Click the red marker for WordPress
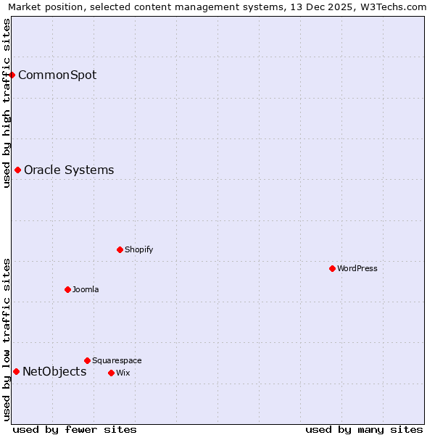pyautogui.click(x=332, y=268)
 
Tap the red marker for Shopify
pyautogui.click(x=120, y=249)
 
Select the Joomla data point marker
pyautogui.click(x=67, y=289)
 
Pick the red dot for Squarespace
pyautogui.click(x=87, y=360)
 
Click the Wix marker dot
pyautogui.click(x=111, y=373)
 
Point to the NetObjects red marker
pyautogui.click(x=16, y=372)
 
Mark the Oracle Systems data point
pyautogui.click(x=17, y=170)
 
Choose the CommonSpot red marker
pyautogui.click(x=12, y=75)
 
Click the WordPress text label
pyautogui.click(x=357, y=268)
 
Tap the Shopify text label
pyautogui.click(x=138, y=249)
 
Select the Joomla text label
pyautogui.click(x=86, y=289)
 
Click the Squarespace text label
pyautogui.click(x=117, y=360)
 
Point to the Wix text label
pyautogui.click(x=123, y=373)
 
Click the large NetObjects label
pyautogui.click(x=54, y=372)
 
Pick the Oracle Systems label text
pyautogui.click(x=69, y=170)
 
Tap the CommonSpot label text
pyautogui.click(x=57, y=75)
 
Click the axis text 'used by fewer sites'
pyautogui.click(x=75, y=429)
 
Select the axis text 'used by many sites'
pyautogui.click(x=364, y=429)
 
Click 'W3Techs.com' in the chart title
pyautogui.click(x=396, y=7)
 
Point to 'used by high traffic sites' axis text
pyautogui.click(x=7, y=103)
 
